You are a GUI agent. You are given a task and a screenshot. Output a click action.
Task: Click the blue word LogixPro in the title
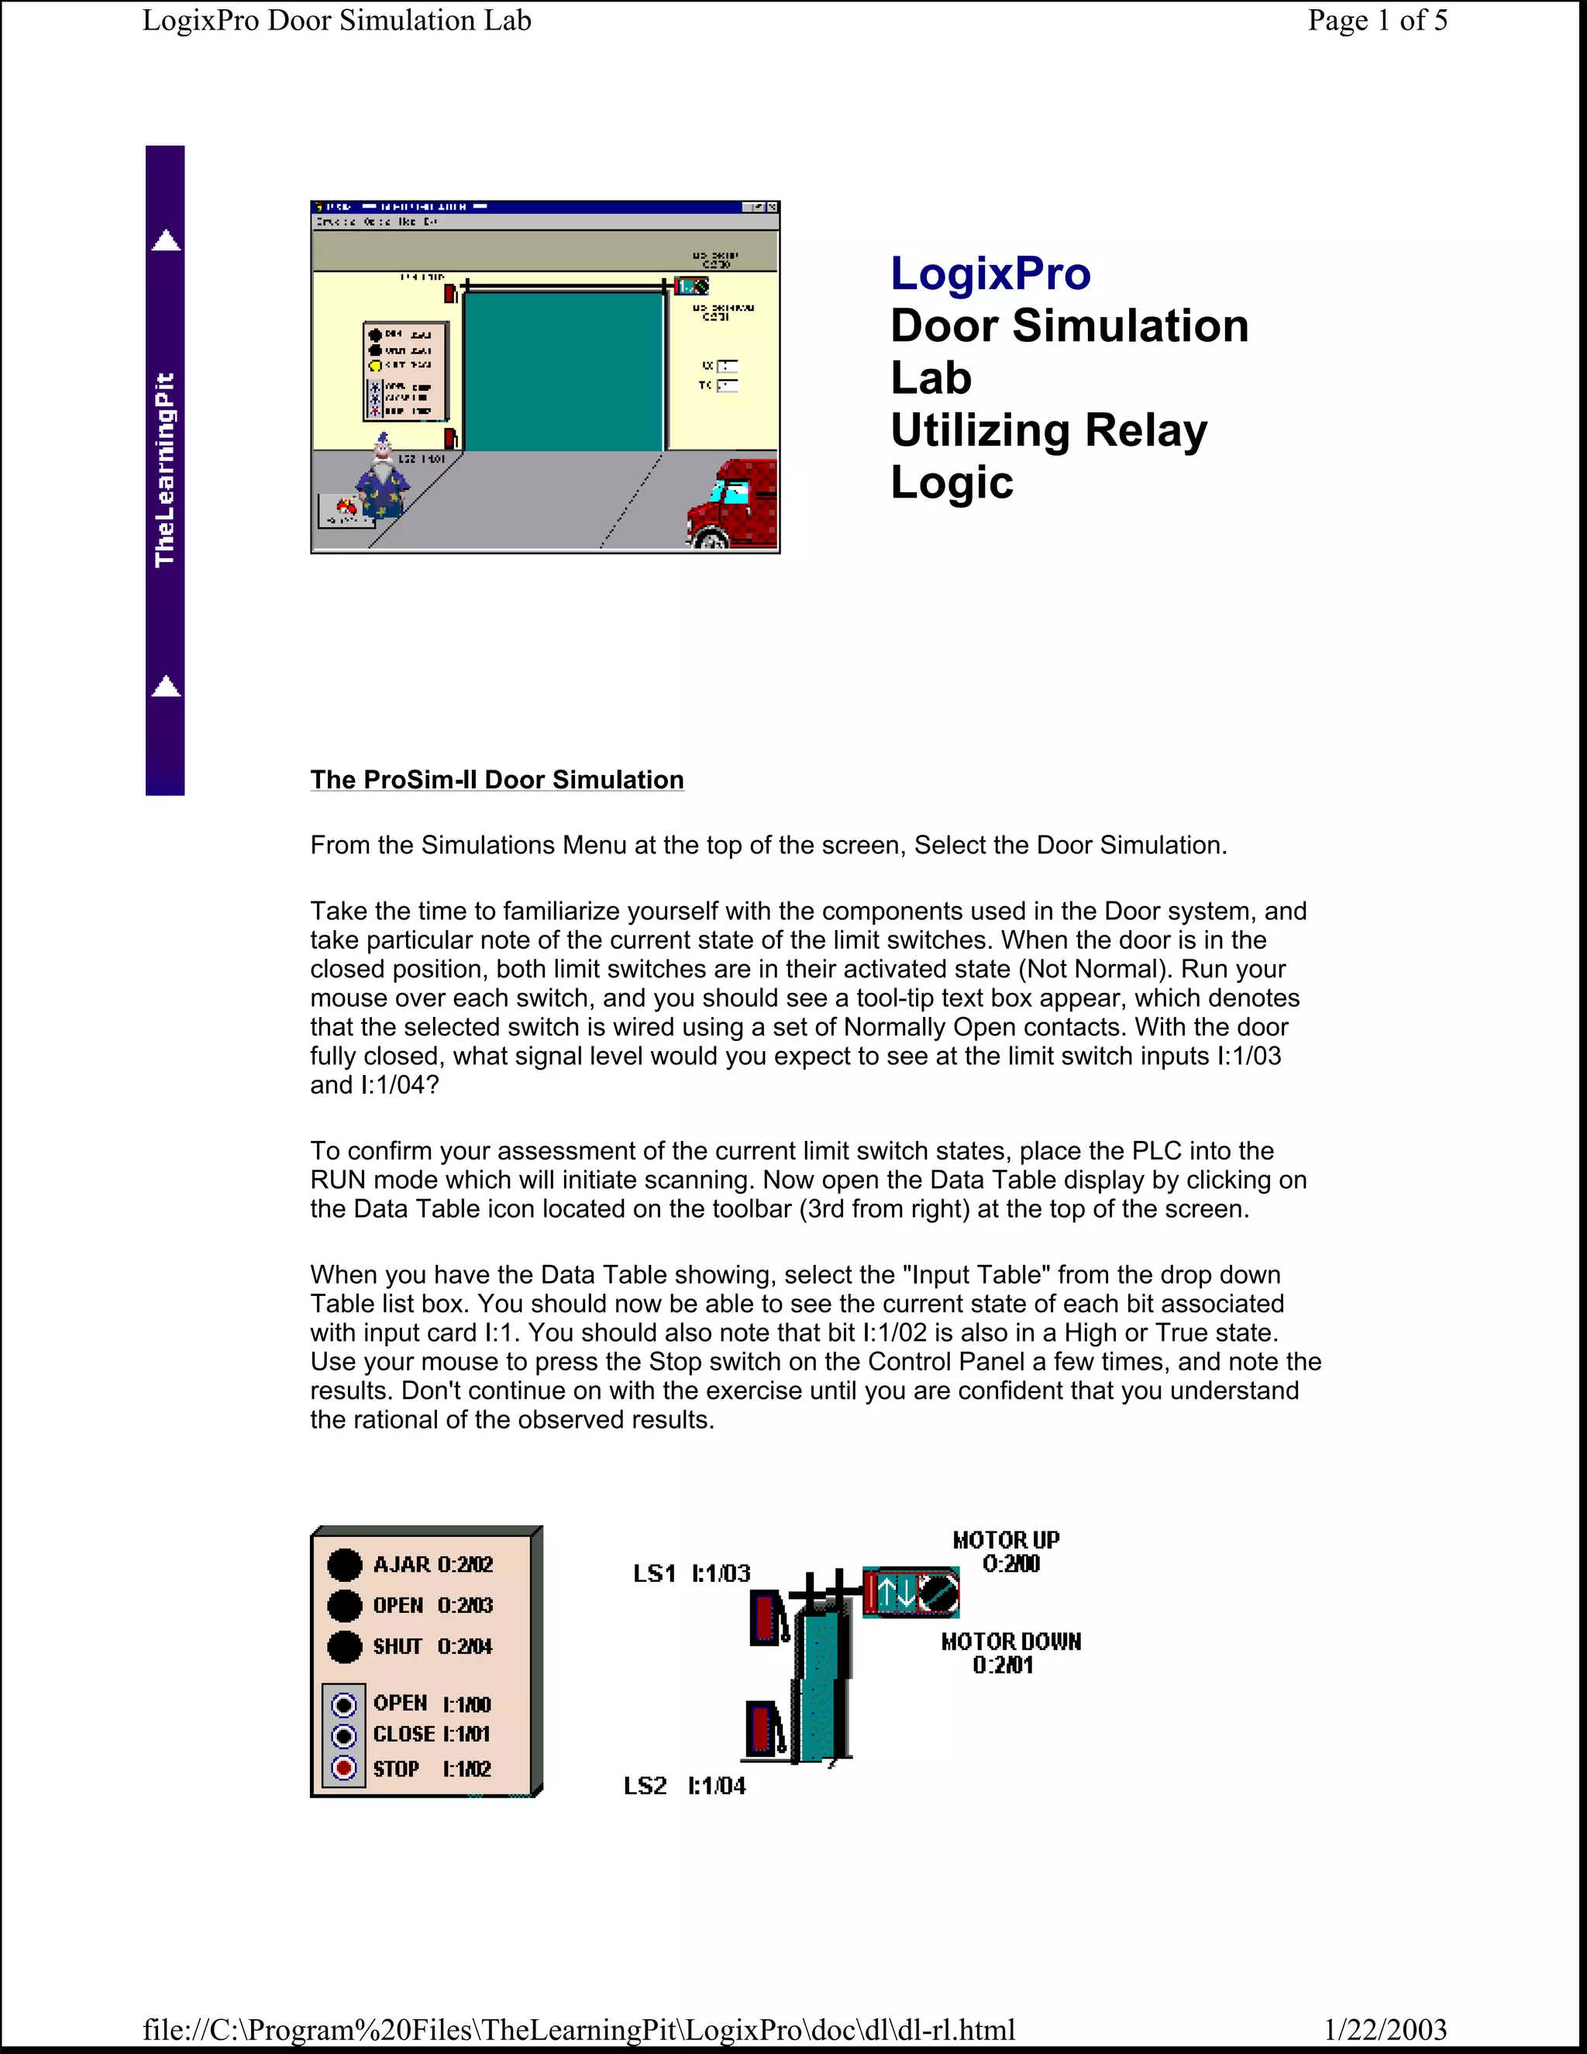[x=990, y=274]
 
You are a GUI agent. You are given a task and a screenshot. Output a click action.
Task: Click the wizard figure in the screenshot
[x=382, y=477]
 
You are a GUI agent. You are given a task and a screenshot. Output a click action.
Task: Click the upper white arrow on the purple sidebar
[x=167, y=241]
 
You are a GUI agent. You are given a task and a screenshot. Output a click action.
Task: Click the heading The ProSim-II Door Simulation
[x=497, y=780]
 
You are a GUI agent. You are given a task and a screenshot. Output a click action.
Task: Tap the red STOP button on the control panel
[x=344, y=1768]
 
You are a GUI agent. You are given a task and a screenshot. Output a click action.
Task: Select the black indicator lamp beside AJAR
[x=344, y=1564]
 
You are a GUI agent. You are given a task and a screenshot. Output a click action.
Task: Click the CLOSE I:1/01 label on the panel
[x=432, y=1734]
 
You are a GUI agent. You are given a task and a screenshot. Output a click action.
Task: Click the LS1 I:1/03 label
[x=691, y=1573]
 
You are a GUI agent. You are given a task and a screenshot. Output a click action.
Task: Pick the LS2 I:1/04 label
[x=684, y=1785]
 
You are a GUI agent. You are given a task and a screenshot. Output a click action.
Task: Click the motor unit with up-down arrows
[x=910, y=1592]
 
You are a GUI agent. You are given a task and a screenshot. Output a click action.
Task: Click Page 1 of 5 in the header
[x=1376, y=21]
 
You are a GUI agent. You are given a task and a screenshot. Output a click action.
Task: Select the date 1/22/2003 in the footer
[x=1385, y=2028]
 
